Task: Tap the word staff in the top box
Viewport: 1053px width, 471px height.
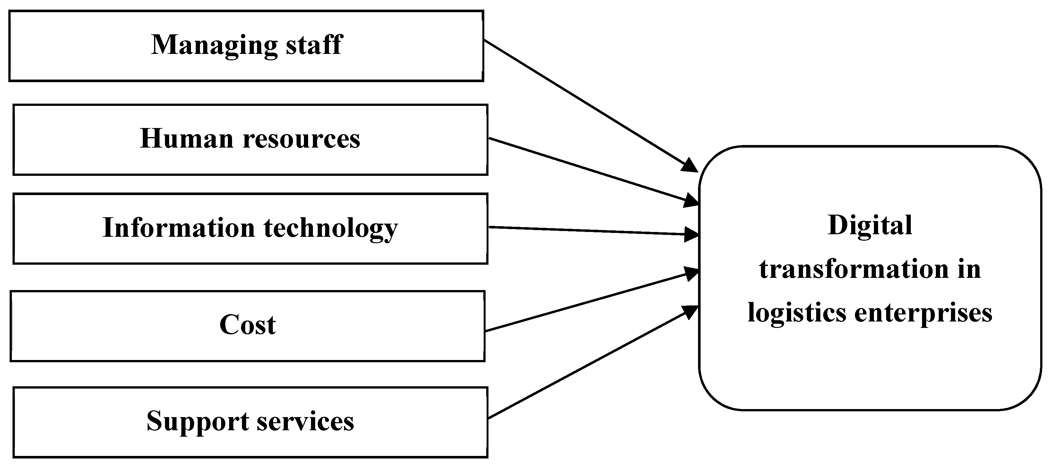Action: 314,45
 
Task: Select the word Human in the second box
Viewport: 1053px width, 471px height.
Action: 186,139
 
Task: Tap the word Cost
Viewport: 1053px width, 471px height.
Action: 247,325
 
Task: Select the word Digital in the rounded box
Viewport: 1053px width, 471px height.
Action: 870,226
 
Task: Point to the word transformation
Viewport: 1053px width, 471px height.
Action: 853,270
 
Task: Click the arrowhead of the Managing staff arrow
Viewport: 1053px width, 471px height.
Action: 691,166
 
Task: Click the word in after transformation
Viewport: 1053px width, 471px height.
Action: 969,270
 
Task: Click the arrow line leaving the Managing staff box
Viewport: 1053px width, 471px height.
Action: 584,102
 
